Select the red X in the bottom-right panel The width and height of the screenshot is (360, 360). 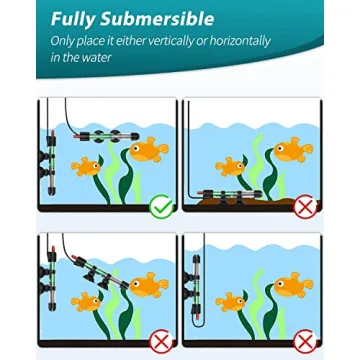pyautogui.click(x=306, y=343)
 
